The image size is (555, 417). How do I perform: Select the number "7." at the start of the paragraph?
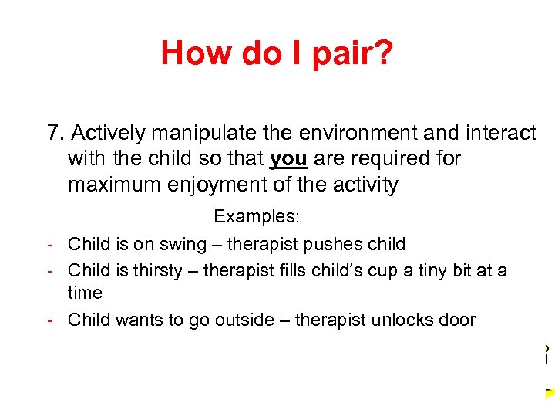coord(55,134)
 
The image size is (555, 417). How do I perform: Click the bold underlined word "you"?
coord(289,159)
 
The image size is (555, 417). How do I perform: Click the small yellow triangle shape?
coord(550,393)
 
